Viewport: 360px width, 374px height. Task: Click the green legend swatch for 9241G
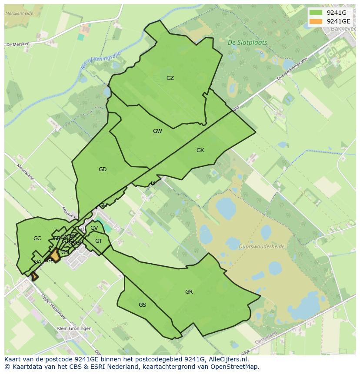316,13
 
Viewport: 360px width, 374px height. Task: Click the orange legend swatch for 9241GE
316,21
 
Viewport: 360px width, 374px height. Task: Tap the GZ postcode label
170,78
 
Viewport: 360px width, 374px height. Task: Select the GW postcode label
157,131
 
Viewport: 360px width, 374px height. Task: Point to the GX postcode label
200,150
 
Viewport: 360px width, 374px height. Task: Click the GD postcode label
103,169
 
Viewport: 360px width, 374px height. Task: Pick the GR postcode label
189,292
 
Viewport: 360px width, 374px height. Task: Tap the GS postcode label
142,305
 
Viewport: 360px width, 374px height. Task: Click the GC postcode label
37,238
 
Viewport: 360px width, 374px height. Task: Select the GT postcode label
99,241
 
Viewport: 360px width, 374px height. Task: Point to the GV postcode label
94,228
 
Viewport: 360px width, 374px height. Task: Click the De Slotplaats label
247,43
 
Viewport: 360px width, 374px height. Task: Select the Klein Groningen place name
74,328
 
